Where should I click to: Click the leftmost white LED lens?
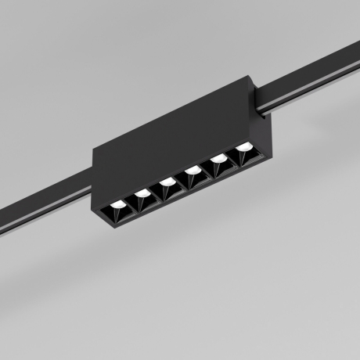pyautogui.click(x=117, y=204)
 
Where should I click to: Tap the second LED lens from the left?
pyautogui.click(x=142, y=193)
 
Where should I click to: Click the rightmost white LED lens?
pyautogui.click(x=244, y=146)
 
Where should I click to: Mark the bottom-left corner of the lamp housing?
pyautogui.click(x=99, y=214)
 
